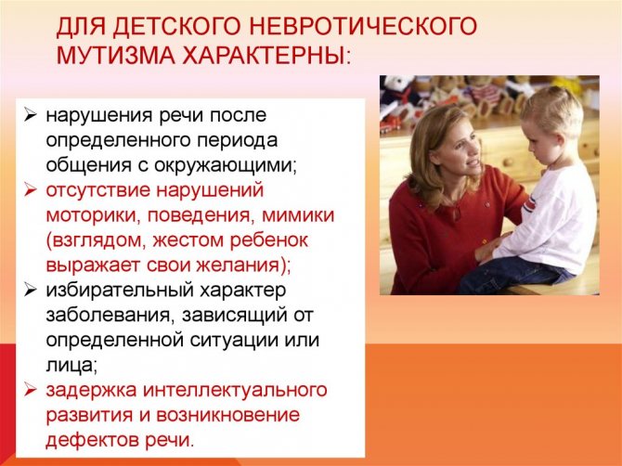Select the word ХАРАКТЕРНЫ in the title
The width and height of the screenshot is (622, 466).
point(264,55)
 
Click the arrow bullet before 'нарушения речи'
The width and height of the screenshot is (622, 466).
point(30,115)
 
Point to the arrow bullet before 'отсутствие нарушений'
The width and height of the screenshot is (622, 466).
point(30,190)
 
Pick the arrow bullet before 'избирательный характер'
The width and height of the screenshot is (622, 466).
point(30,290)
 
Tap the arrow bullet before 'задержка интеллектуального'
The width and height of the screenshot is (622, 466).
point(30,390)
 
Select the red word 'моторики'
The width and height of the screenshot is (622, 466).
point(94,216)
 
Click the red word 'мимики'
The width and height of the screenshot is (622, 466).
point(298,215)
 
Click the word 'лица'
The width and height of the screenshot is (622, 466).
point(71,366)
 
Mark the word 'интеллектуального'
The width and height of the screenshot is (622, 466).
point(235,390)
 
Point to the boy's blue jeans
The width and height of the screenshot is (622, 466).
point(515,275)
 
